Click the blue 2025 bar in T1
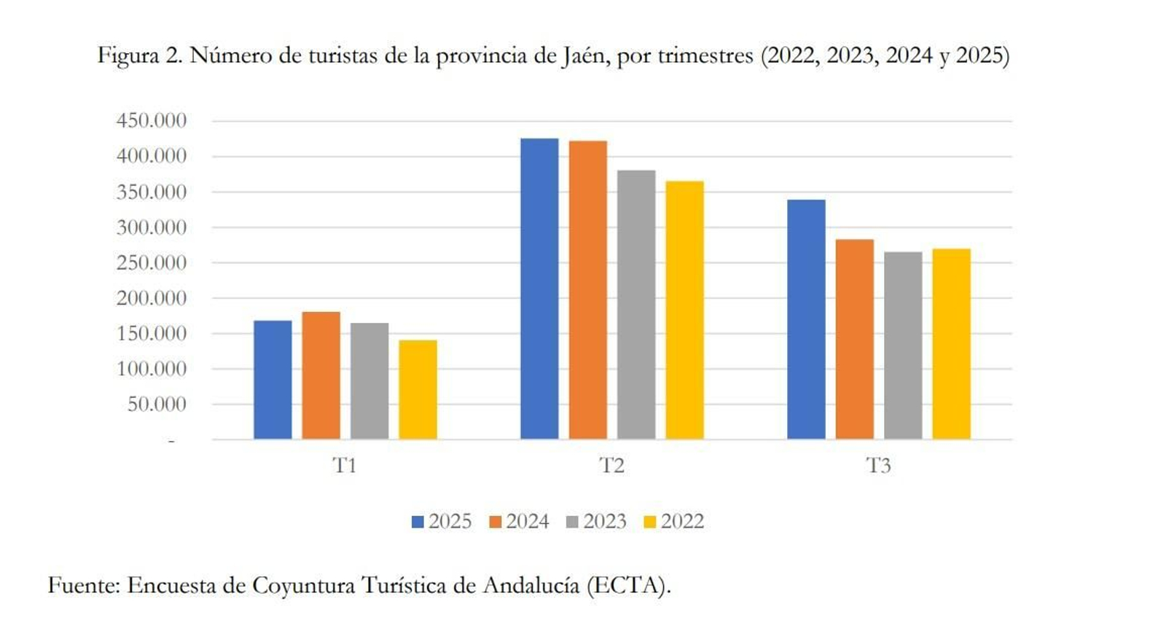pyautogui.click(x=273, y=380)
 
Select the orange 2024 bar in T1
pyautogui.click(x=321, y=375)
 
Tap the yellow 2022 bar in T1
pyautogui.click(x=418, y=389)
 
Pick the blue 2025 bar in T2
pyautogui.click(x=539, y=289)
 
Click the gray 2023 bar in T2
pyautogui.click(x=636, y=305)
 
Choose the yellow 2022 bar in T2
pyautogui.click(x=684, y=310)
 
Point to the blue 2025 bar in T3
pyautogui.click(x=806, y=319)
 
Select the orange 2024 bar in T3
pyautogui.click(x=854, y=339)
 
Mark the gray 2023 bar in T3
pyautogui.click(x=903, y=345)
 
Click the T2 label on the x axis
pyautogui.click(x=611, y=465)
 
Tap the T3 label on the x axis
pyautogui.click(x=878, y=465)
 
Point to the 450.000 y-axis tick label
pyautogui.click(x=151, y=120)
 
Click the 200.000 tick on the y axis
pyautogui.click(x=151, y=297)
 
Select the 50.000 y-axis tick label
pyautogui.click(x=157, y=404)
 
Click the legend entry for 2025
pyautogui.click(x=442, y=521)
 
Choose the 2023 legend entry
pyautogui.click(x=597, y=521)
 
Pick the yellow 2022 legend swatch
pyautogui.click(x=650, y=522)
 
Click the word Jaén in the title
pyautogui.click(x=584, y=56)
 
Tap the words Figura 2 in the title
pyautogui.click(x=140, y=56)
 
